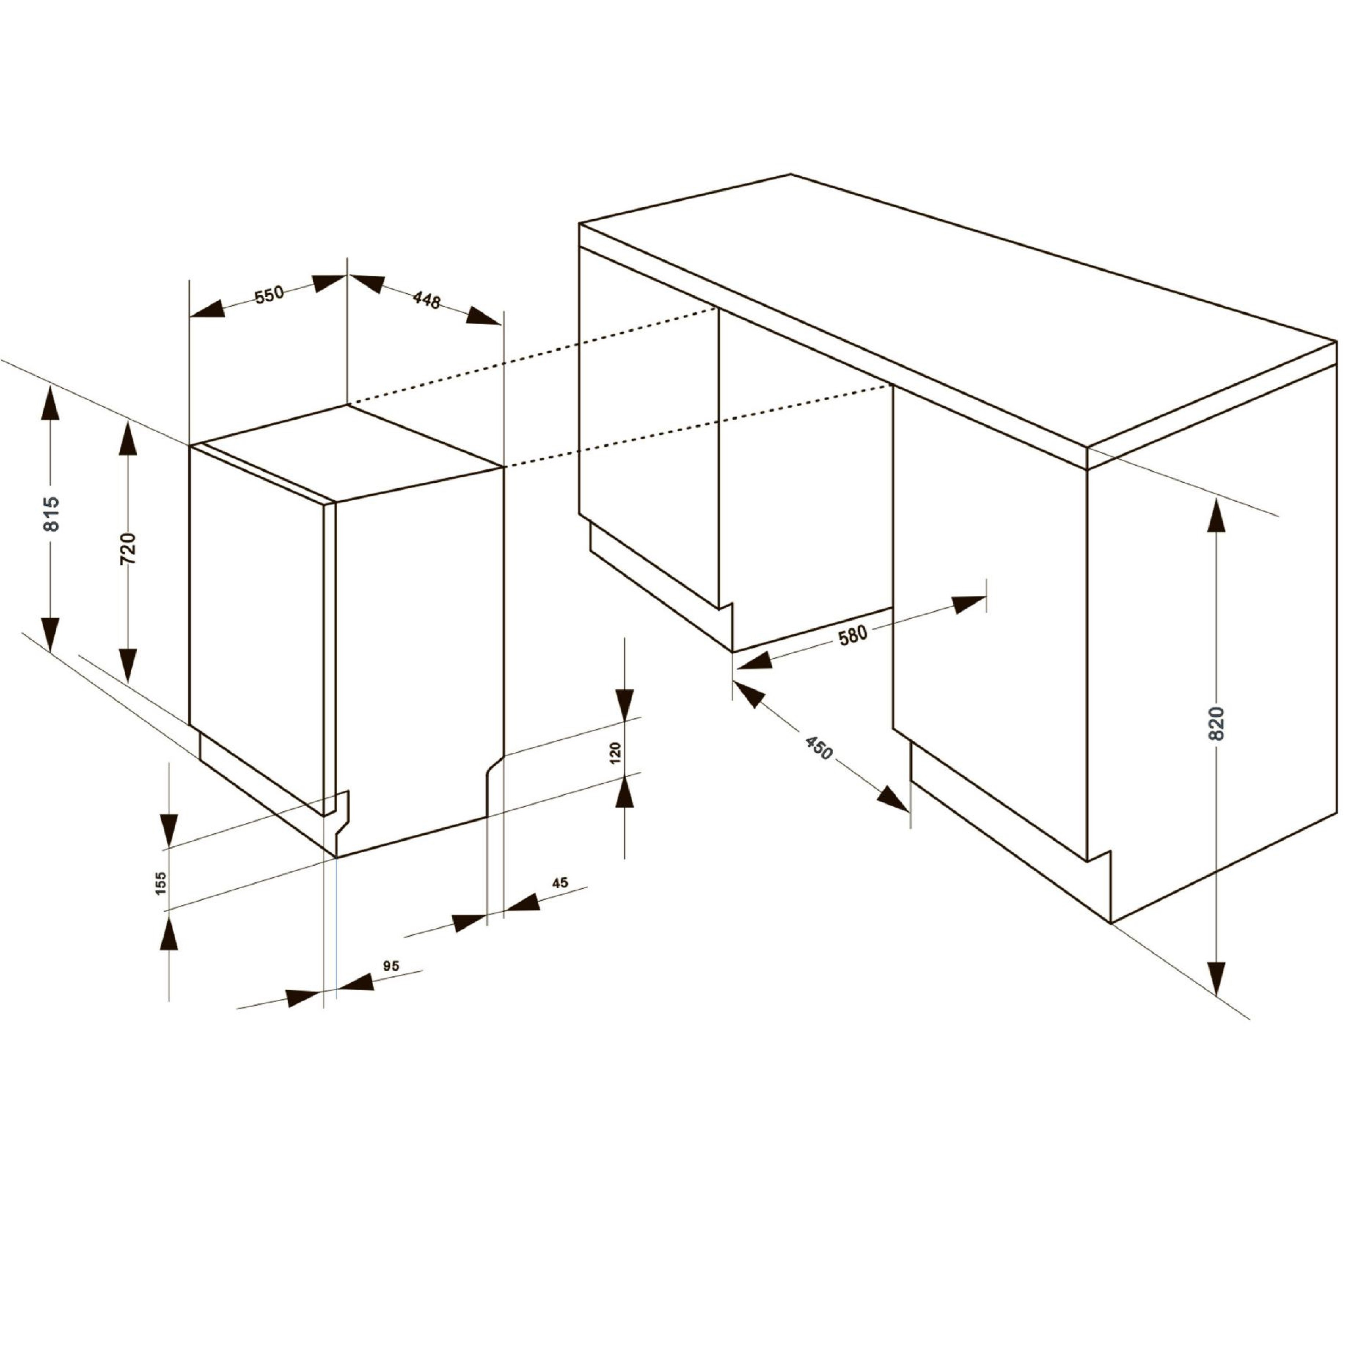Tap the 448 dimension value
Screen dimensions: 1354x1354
point(427,300)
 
